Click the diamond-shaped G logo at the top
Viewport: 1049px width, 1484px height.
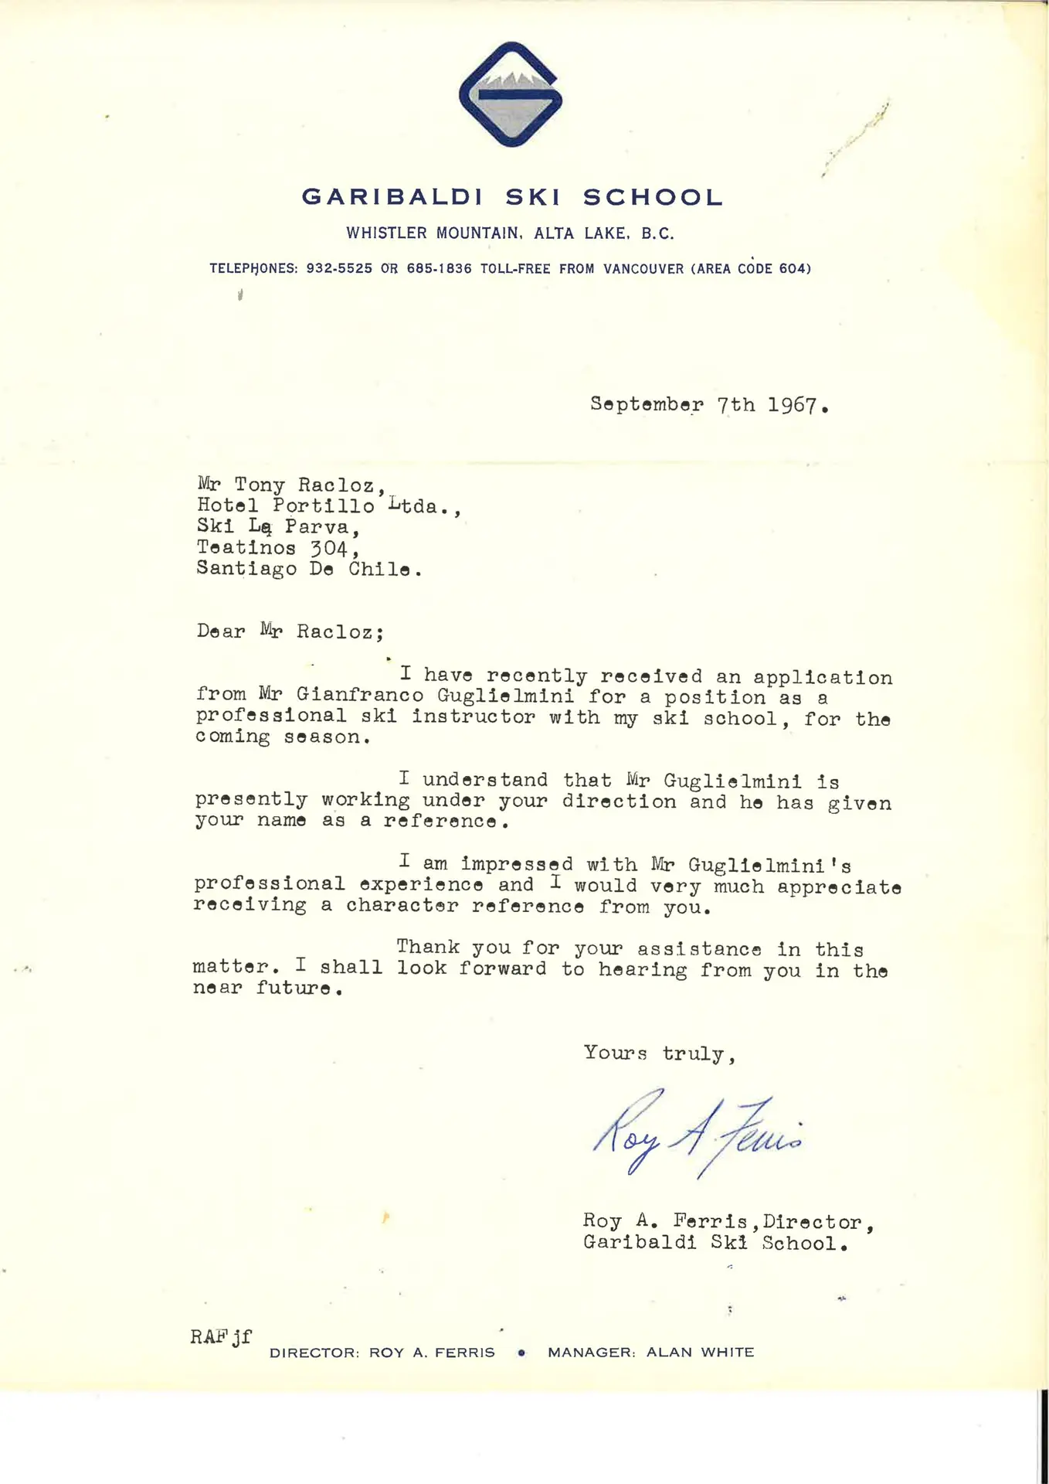coord(511,94)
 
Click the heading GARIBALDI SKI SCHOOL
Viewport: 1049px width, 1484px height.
coord(512,197)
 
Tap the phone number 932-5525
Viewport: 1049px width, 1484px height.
coord(339,269)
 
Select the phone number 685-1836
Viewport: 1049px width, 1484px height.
coord(439,269)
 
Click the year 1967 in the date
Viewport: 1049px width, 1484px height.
coord(793,405)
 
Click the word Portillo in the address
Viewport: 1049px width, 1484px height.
coord(324,506)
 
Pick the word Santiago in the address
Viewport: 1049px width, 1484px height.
coord(246,569)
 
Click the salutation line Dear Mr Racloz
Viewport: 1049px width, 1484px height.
coord(290,631)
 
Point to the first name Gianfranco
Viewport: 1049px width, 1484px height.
coord(360,696)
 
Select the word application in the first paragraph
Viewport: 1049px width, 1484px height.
coord(823,678)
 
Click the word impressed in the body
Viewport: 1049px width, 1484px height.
coord(517,864)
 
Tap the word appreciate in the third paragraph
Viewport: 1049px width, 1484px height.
coord(839,887)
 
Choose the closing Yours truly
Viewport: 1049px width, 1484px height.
coord(659,1053)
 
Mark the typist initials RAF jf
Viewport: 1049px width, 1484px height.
coord(221,1336)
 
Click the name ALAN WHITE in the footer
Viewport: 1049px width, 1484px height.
coord(700,1352)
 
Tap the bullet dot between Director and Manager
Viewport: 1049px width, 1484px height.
coord(522,1353)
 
